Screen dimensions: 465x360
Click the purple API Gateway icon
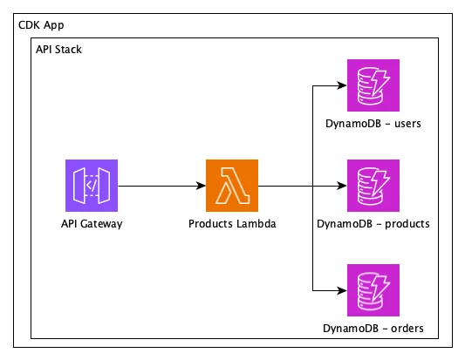92,186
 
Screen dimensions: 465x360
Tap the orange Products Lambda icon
232,186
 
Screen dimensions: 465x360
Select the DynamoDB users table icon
373,85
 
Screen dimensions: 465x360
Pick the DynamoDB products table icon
373,186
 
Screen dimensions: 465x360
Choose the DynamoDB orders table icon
373,290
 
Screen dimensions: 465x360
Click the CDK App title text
41,25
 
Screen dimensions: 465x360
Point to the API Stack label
58,49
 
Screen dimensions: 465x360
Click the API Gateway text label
92,224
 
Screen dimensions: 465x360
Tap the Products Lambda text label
232,224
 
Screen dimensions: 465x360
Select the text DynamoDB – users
373,124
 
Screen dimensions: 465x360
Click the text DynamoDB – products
373,224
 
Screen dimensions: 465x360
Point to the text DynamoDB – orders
373,329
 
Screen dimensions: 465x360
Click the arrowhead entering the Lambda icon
201,186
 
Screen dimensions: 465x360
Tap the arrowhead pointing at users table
342,85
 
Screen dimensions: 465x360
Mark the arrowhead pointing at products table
342,186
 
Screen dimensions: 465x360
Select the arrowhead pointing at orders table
342,290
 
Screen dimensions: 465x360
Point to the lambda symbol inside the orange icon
232,186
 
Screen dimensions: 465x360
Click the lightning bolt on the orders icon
380,287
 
